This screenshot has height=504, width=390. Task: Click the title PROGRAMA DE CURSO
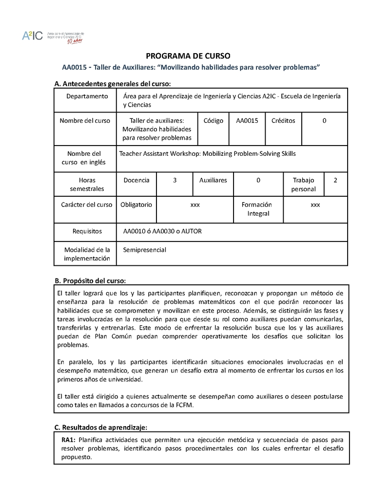click(188, 56)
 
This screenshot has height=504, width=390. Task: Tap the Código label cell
click(213, 120)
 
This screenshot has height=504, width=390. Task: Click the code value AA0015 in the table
click(247, 120)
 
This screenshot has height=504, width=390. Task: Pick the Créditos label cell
click(283, 120)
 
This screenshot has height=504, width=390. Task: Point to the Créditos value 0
click(324, 120)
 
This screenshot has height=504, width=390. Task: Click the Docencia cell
click(136, 180)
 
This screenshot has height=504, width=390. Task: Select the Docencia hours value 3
click(175, 180)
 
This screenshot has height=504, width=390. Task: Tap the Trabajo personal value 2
click(335, 180)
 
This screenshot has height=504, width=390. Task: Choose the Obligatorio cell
click(136, 205)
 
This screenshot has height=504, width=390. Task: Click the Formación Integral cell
click(256, 209)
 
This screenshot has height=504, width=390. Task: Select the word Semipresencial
click(145, 250)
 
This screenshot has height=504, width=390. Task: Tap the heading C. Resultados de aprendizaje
click(100, 428)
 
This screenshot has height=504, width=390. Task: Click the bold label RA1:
click(68, 439)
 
